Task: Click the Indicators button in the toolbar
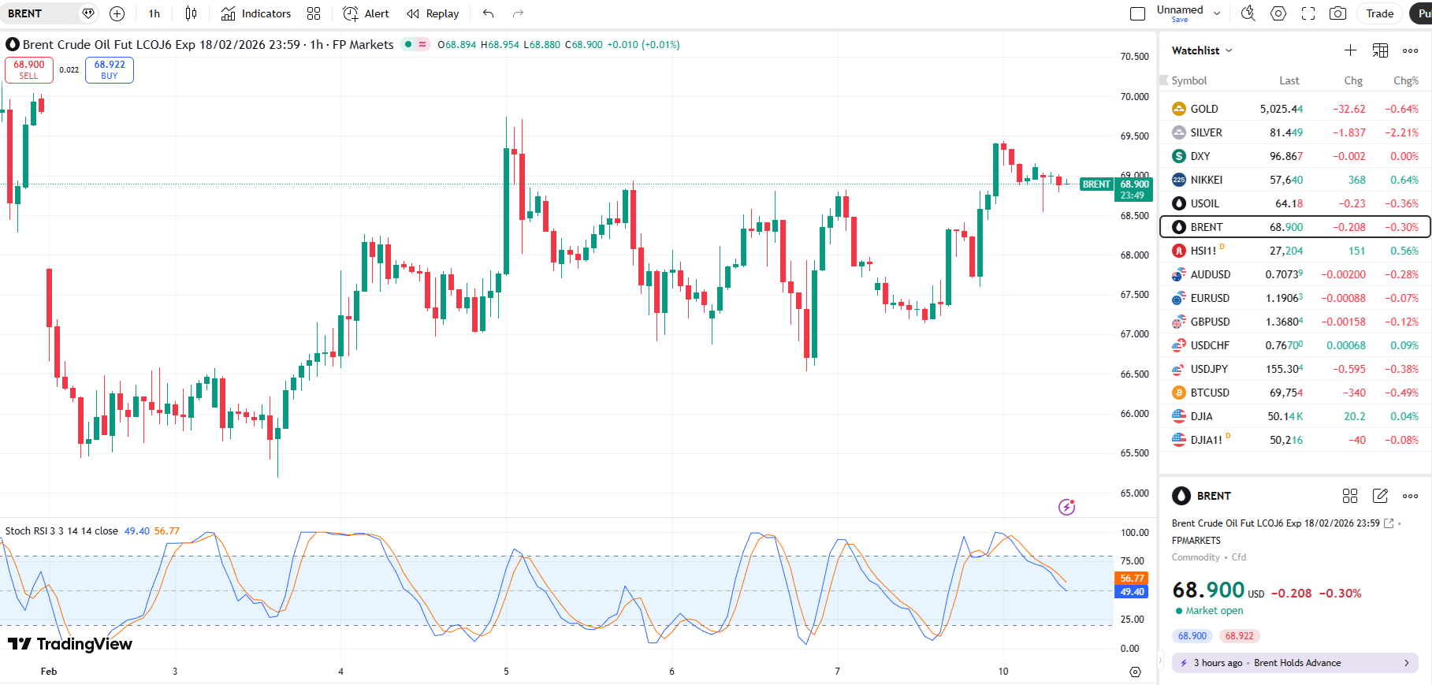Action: (256, 13)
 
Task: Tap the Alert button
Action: (366, 13)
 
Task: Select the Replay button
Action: (433, 13)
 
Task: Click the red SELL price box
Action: (29, 69)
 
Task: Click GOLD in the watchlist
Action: (1203, 109)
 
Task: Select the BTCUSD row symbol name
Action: (1209, 393)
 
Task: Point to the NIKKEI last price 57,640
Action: (1285, 180)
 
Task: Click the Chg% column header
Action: (1405, 80)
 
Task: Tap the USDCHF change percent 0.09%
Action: (1404, 345)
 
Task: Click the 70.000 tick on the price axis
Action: (1134, 96)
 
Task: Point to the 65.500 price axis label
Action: (1134, 453)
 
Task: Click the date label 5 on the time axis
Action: (506, 672)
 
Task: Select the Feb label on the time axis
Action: (49, 672)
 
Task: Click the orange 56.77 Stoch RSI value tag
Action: (1131, 579)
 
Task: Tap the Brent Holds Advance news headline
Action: (1296, 663)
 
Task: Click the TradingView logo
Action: (70, 644)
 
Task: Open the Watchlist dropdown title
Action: (1201, 50)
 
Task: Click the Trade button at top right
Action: (1379, 13)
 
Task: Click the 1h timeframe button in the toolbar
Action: (154, 13)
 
